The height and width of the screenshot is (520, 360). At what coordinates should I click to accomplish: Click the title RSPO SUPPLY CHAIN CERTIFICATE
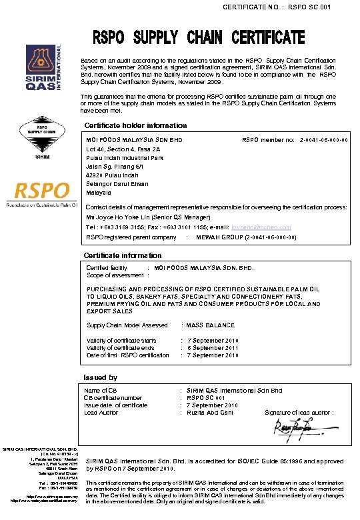198,37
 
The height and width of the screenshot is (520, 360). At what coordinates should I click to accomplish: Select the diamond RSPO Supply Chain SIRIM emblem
42,137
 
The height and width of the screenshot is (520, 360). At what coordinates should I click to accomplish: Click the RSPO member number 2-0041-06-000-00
324,141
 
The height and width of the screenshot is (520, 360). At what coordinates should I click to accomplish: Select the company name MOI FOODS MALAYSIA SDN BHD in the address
135,141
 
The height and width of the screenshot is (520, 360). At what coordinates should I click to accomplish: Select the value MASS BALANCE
211,325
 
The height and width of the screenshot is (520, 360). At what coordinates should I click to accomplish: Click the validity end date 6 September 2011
213,348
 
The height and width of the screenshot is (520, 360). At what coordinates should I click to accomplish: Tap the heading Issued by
100,377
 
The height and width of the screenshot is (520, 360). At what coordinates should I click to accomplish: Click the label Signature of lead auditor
299,413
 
